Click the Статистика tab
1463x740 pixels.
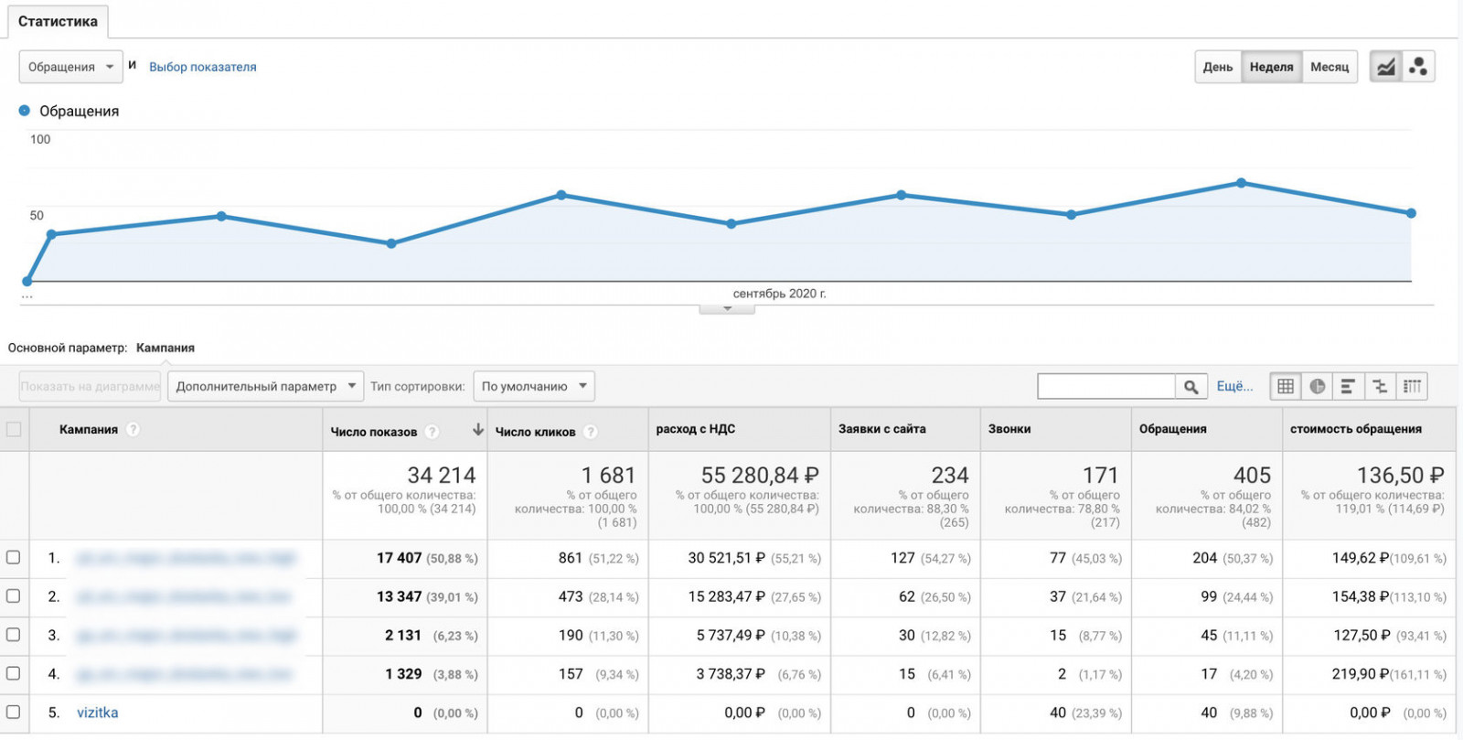tap(58, 21)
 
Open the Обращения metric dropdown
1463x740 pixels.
tap(70, 67)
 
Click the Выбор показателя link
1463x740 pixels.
tap(202, 67)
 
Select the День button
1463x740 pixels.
tap(1217, 67)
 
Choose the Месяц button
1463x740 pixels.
tap(1329, 67)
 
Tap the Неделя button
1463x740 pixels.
tap(1271, 67)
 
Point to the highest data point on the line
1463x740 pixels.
tap(1241, 183)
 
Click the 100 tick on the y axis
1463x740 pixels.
tap(40, 139)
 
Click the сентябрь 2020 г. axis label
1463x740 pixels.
tap(778, 294)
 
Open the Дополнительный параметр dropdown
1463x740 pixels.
tap(265, 386)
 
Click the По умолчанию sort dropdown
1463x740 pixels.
tap(534, 386)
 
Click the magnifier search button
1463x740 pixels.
tap(1191, 387)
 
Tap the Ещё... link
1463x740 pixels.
tap(1234, 386)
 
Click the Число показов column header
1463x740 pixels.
tap(374, 432)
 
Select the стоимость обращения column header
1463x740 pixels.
tap(1355, 429)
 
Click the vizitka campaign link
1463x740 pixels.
tap(97, 713)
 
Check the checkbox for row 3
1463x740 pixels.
tap(13, 634)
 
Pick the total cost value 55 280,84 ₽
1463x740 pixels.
tap(759, 476)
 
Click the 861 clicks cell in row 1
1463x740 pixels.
tap(570, 558)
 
